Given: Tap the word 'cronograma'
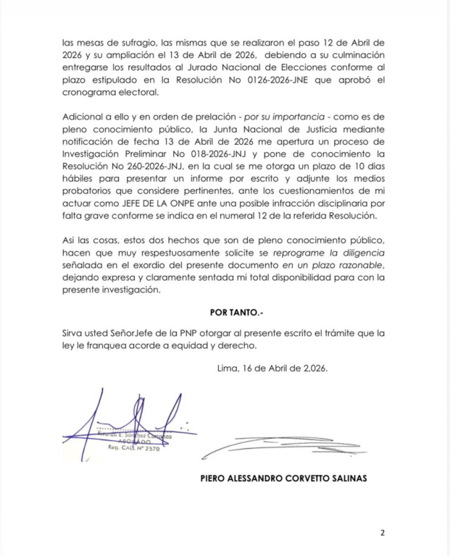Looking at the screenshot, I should [x=92, y=93].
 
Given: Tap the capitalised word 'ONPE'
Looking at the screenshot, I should [x=199, y=205].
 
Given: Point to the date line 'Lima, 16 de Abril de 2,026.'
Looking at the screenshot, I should [x=273, y=368].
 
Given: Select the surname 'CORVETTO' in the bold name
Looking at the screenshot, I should [x=307, y=479].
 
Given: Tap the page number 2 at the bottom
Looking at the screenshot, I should [x=382, y=533].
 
